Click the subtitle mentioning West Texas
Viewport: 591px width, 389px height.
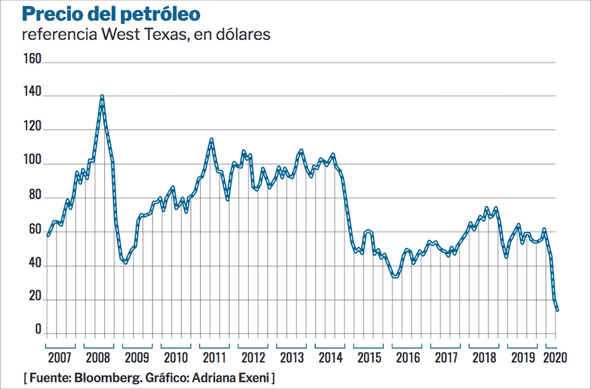click(x=146, y=35)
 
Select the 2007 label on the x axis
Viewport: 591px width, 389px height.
click(x=60, y=357)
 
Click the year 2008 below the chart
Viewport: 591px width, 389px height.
click(x=98, y=357)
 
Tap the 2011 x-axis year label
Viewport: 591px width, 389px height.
click(x=214, y=357)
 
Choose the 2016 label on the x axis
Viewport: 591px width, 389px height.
click(x=408, y=357)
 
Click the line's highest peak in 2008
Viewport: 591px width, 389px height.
click(x=102, y=96)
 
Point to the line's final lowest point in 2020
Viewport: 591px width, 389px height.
click(x=557, y=310)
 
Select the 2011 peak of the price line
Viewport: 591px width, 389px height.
click(x=211, y=139)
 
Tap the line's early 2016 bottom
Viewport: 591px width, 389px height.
click(x=396, y=277)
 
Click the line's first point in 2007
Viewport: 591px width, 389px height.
click(x=48, y=235)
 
